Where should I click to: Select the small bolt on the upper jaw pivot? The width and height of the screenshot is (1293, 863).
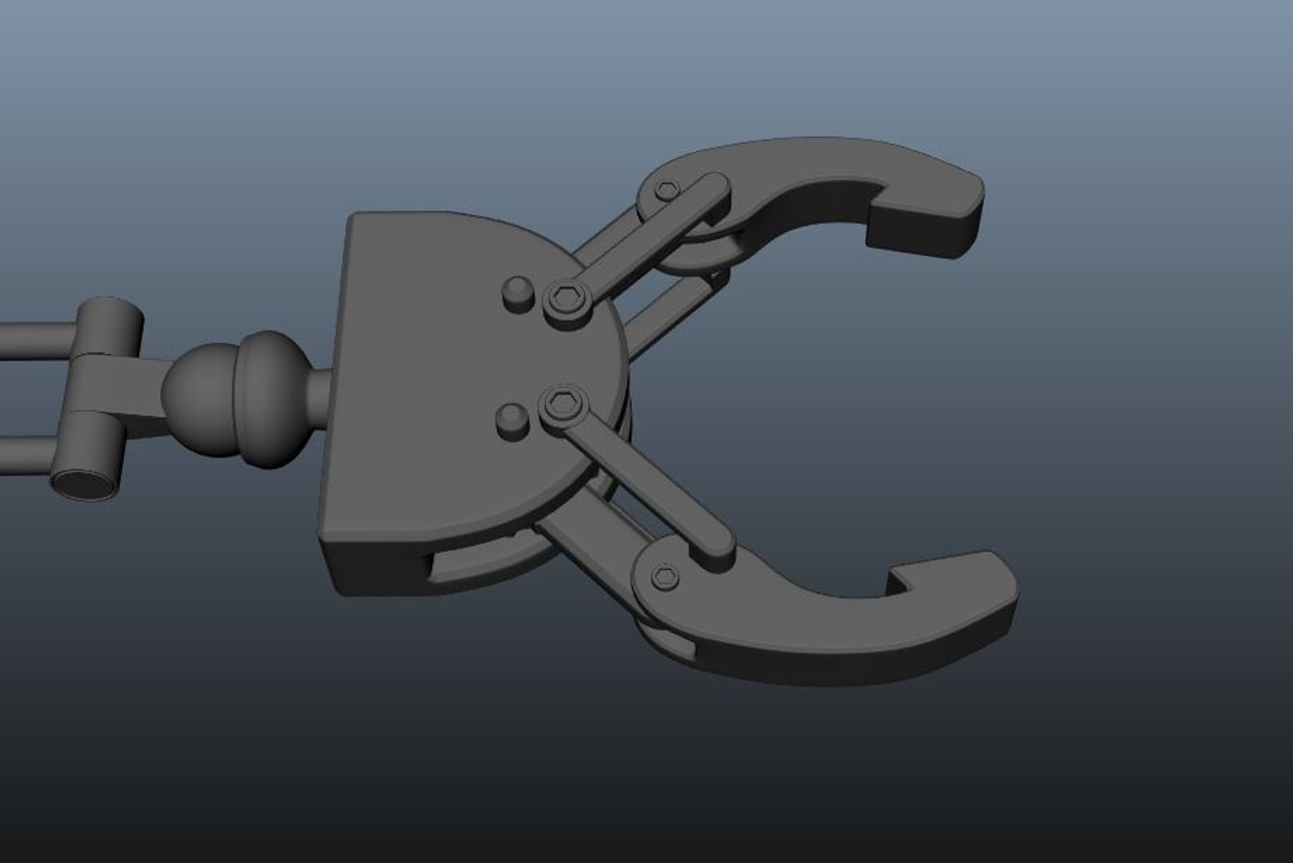pyautogui.click(x=668, y=190)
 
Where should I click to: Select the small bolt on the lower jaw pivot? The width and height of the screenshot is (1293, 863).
pyautogui.click(x=664, y=576)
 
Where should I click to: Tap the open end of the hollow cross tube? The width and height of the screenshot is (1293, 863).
pyautogui.click(x=82, y=483)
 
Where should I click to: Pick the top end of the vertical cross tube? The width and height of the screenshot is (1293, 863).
pyautogui.click(x=110, y=308)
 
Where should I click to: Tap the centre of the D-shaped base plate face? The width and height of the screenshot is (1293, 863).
pyautogui.click(x=447, y=384)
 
